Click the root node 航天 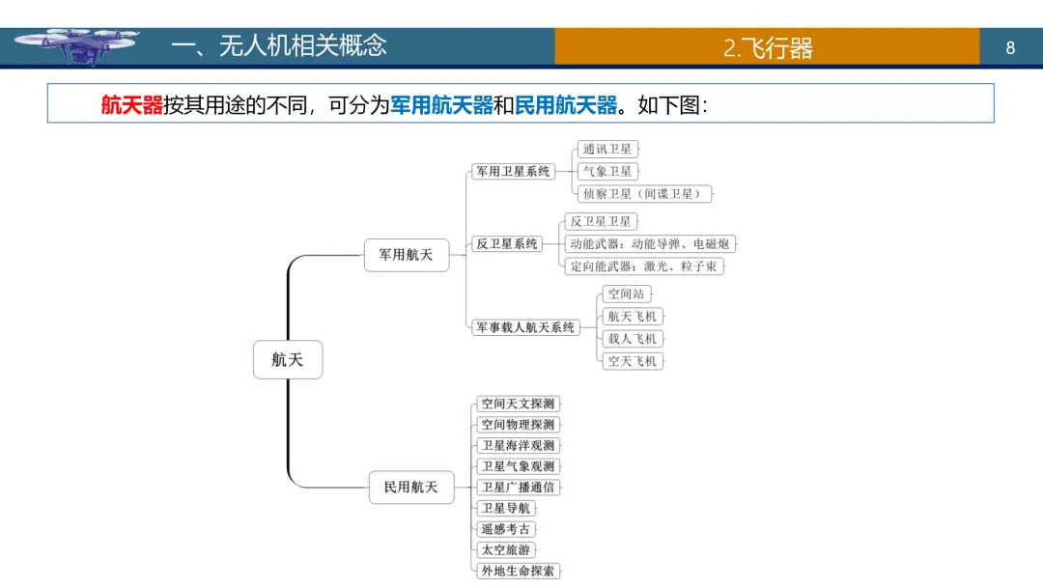[287, 359]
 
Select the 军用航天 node [407, 255]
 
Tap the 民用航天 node [411, 488]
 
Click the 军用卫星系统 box [513, 171]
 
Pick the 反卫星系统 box [507, 244]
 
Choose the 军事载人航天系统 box [524, 327]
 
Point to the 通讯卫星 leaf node [607, 150]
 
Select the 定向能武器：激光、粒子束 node [643, 266]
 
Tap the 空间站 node [626, 293]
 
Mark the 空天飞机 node [633, 361]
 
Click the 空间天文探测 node [519, 404]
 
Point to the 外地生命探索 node [519, 571]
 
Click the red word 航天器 [132, 105]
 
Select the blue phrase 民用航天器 [566, 105]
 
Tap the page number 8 [1010, 47]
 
